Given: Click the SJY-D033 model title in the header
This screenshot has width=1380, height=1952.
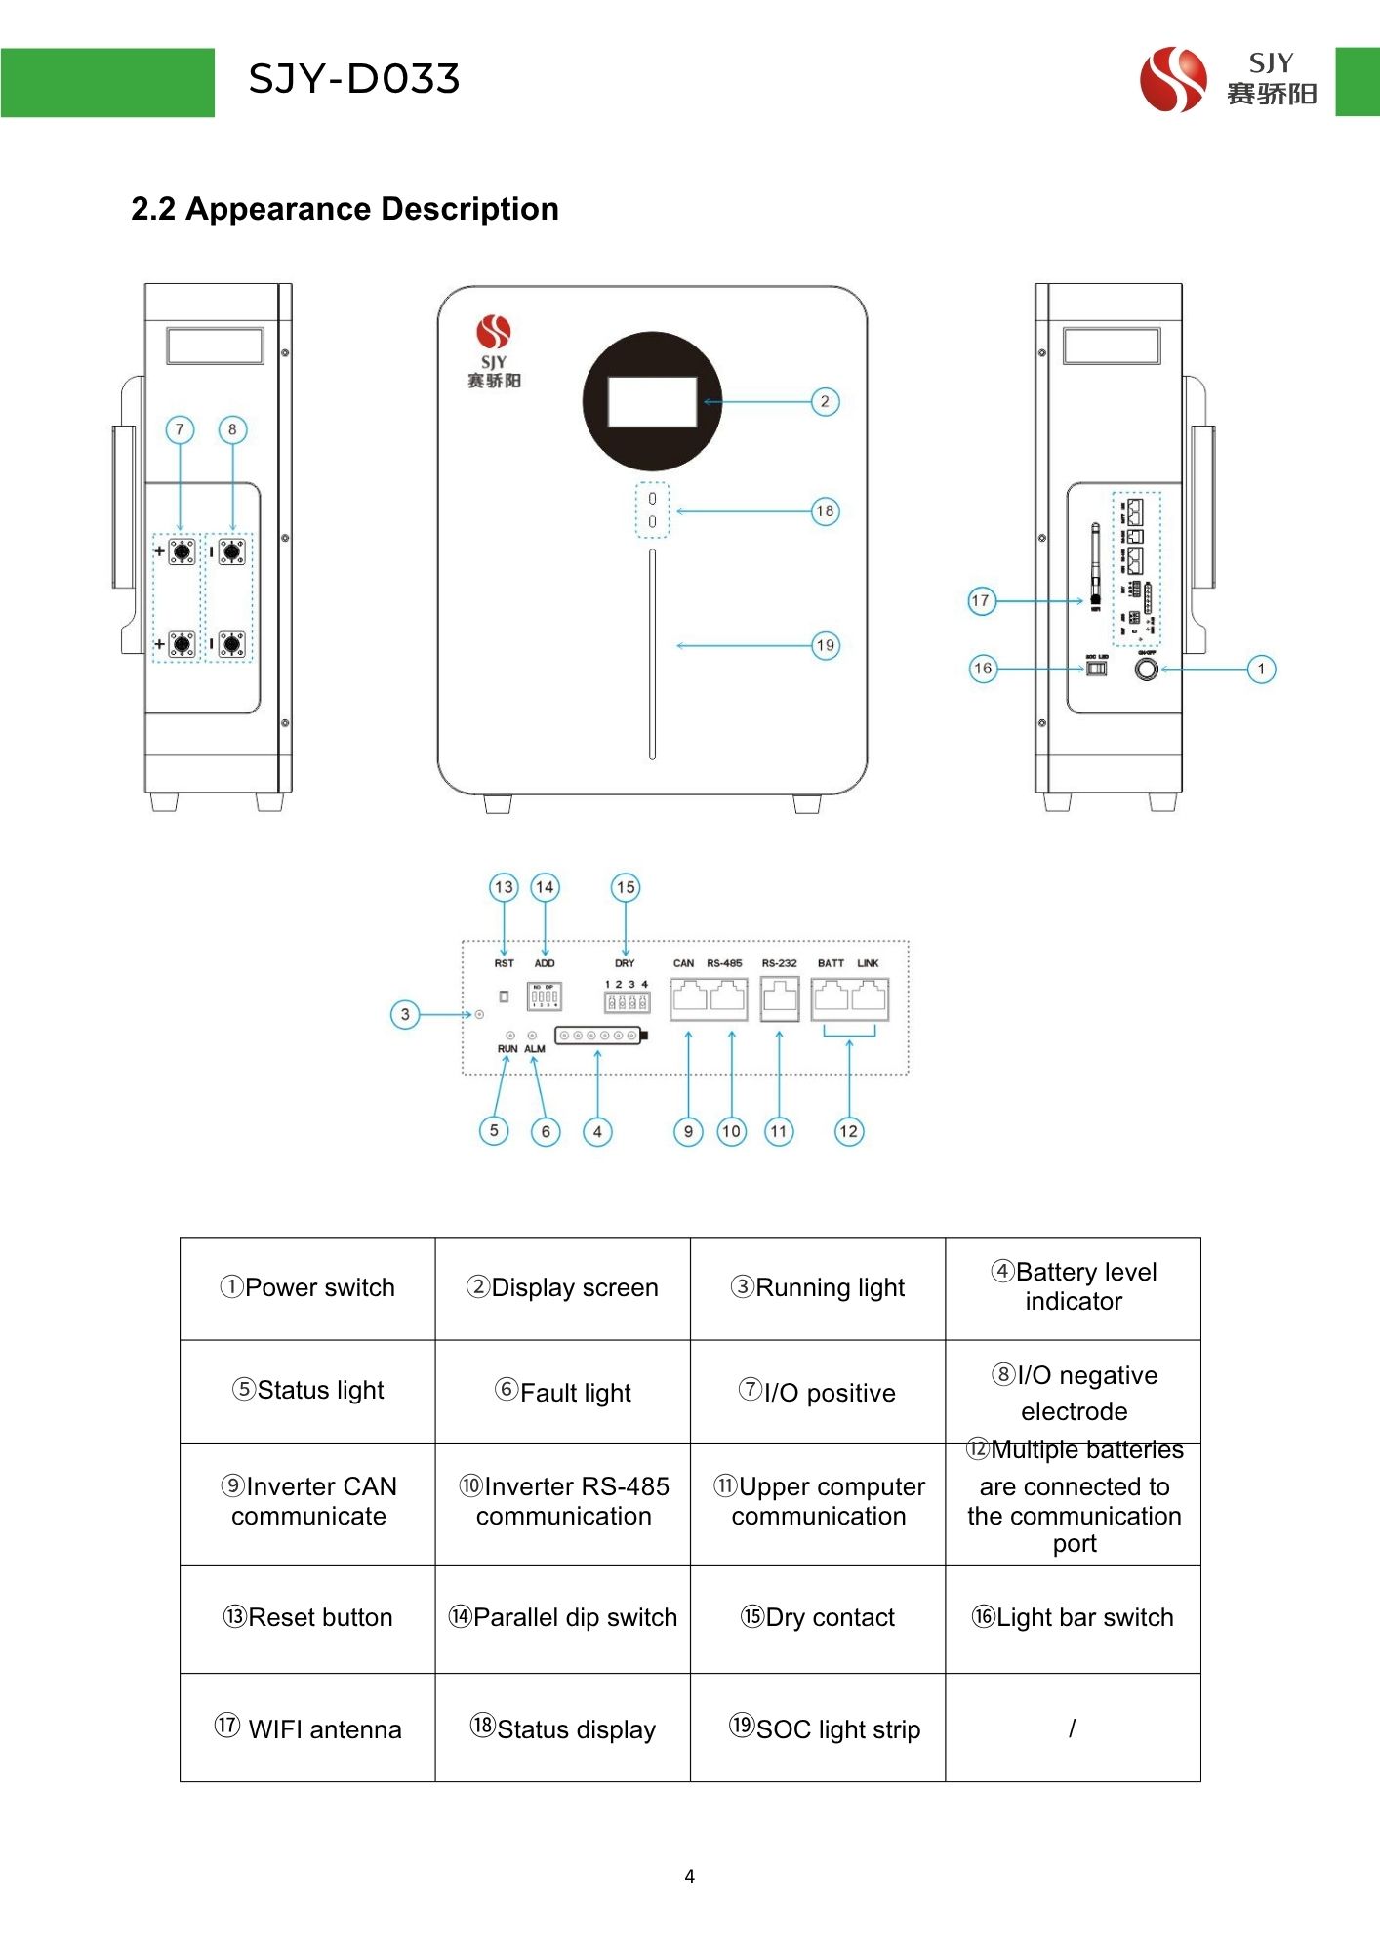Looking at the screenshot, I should click(x=353, y=79).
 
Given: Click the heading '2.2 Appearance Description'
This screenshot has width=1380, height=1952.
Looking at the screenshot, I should click(x=345, y=209).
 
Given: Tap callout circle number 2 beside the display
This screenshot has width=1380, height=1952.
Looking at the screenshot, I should click(x=825, y=402).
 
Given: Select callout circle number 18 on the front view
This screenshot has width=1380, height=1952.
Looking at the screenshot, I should click(x=825, y=511).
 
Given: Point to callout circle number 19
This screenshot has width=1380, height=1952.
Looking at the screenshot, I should click(x=825, y=645).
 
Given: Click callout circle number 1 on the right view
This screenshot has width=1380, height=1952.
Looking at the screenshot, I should click(x=1261, y=670).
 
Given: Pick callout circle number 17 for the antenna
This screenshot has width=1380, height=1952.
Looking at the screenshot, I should click(x=981, y=601).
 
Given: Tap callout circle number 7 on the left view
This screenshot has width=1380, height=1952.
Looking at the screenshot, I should click(x=180, y=429).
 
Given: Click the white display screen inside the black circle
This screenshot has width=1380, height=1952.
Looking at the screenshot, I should click(x=652, y=402).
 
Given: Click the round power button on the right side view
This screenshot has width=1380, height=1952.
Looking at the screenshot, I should click(x=1147, y=670).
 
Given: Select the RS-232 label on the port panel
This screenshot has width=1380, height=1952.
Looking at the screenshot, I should click(x=779, y=963).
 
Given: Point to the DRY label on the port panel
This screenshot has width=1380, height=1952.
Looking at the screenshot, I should click(x=625, y=963).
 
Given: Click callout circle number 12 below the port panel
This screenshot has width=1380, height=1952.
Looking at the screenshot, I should click(x=848, y=1131).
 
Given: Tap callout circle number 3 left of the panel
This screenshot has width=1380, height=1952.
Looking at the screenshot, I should click(x=405, y=1015).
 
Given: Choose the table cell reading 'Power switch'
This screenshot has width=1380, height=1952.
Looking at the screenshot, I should click(x=307, y=1288).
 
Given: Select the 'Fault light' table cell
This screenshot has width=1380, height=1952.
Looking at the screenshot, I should click(x=563, y=1392).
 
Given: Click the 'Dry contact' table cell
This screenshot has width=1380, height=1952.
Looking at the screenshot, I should click(x=818, y=1618).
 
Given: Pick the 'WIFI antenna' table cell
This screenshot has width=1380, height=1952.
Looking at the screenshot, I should click(x=307, y=1728).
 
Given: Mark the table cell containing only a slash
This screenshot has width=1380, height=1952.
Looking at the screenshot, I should click(x=1073, y=1728).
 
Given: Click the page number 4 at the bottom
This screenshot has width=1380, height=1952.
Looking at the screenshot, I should click(x=689, y=1876).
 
